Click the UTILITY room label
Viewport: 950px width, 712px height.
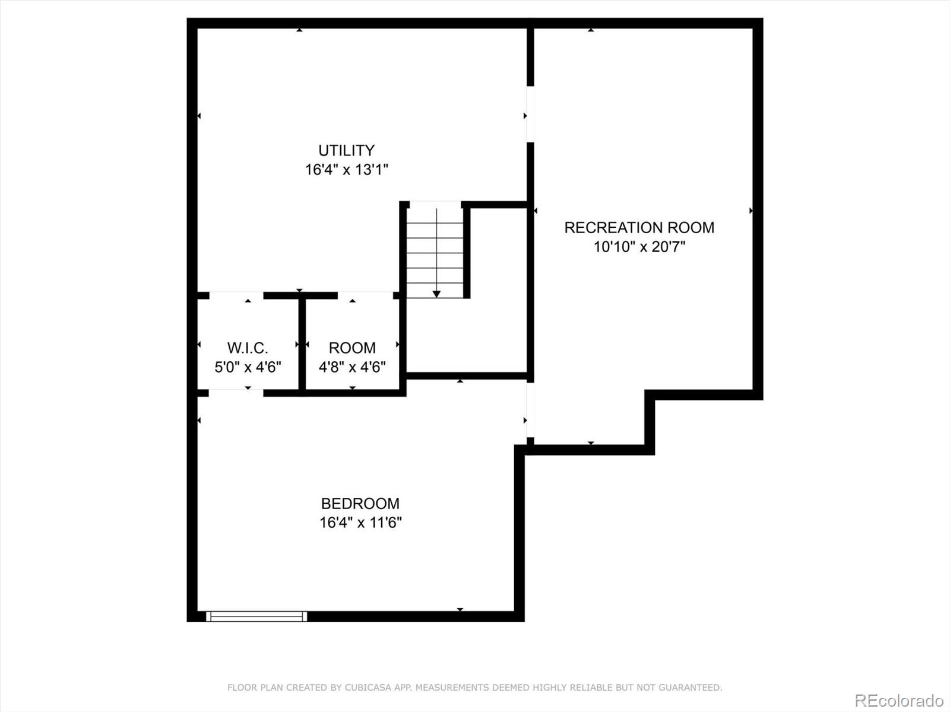point(346,150)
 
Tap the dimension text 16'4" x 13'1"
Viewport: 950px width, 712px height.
point(346,170)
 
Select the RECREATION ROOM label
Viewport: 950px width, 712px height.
point(639,227)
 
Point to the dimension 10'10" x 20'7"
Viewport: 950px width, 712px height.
point(639,246)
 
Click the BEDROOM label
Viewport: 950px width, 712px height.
point(360,503)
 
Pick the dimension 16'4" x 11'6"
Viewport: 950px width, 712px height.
point(360,523)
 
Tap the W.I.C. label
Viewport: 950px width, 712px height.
point(248,348)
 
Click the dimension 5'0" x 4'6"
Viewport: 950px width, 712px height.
point(248,367)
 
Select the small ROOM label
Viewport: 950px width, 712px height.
point(352,348)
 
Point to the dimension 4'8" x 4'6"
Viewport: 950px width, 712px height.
point(352,367)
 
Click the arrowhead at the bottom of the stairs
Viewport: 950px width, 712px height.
point(436,294)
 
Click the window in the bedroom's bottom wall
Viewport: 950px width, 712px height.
point(256,616)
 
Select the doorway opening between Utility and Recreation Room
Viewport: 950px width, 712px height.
point(530,115)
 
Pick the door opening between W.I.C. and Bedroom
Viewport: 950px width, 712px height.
point(236,393)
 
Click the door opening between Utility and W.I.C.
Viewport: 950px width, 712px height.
point(236,295)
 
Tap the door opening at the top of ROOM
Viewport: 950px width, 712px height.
point(365,295)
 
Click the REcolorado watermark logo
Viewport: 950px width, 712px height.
point(898,700)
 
